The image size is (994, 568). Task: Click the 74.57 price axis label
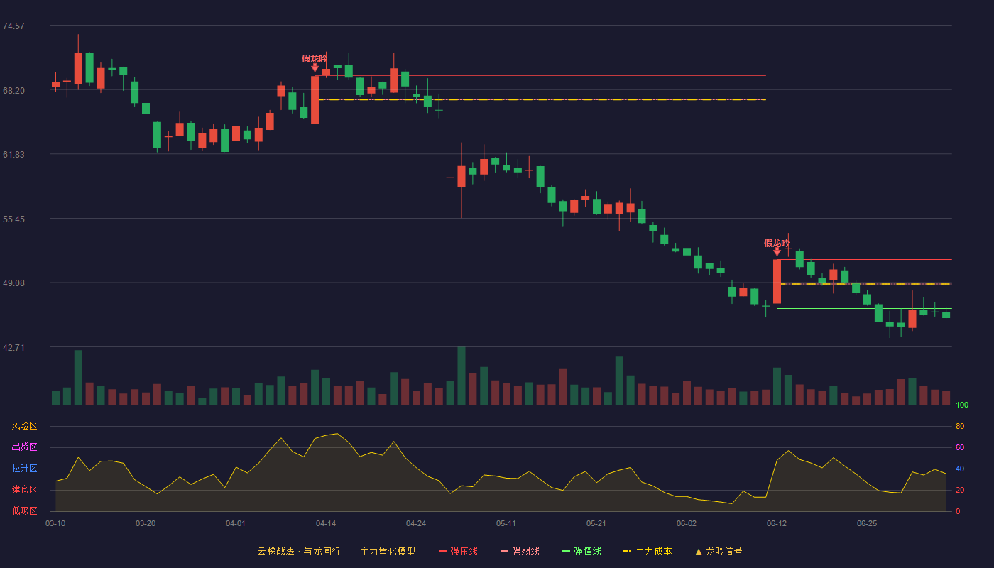pos(13,26)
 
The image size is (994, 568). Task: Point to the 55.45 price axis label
pos(13,219)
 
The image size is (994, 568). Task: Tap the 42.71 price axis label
pos(13,347)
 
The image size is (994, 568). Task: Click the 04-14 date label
pos(326,524)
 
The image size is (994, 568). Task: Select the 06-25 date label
pos(867,524)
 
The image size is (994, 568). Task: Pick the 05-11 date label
pos(506,524)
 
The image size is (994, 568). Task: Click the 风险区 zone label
pos(24,426)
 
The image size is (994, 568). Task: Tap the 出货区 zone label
pos(24,447)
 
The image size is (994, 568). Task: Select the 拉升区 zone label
pos(24,468)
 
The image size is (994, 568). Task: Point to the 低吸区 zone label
pos(24,510)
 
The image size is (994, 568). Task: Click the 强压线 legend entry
pos(458,551)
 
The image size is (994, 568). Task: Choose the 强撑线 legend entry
pos(581,551)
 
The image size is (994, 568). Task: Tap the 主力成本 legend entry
pos(648,551)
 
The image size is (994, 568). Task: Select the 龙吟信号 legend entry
pos(719,551)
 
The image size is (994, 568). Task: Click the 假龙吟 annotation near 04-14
pos(314,58)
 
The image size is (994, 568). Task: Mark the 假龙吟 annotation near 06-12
pos(777,243)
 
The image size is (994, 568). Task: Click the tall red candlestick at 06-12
pos(777,281)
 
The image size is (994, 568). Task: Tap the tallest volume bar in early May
pos(461,376)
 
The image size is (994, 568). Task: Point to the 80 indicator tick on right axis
pos(960,426)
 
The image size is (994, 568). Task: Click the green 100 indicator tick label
pos(962,405)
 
